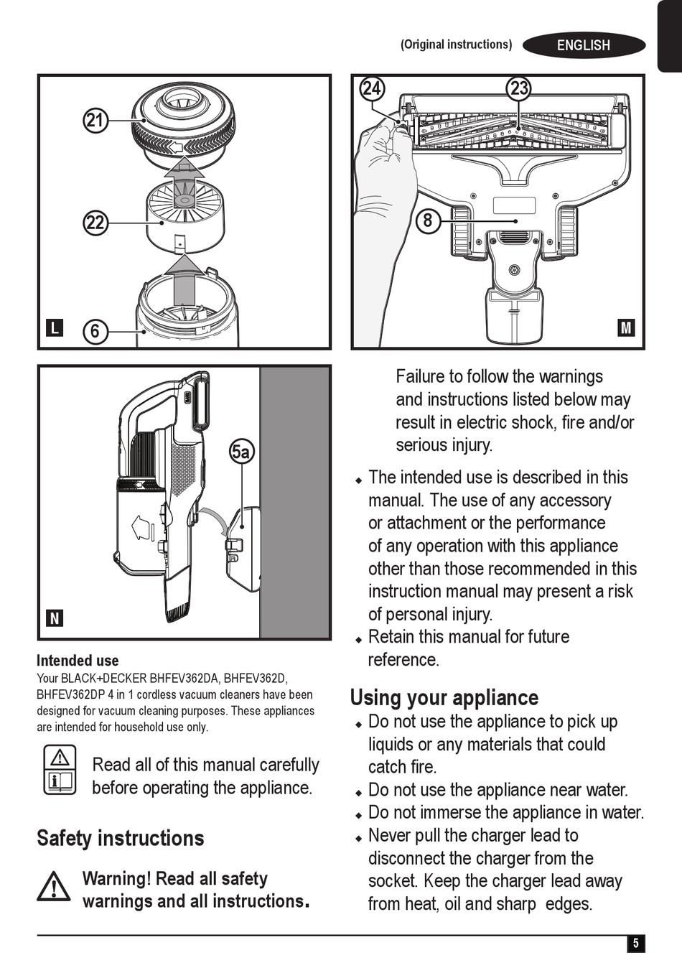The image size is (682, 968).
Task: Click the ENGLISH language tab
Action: [583, 45]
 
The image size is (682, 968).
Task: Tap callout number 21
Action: [95, 120]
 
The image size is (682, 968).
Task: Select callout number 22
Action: [95, 223]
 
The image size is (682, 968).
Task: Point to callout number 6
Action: [95, 331]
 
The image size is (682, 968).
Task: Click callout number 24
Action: [371, 88]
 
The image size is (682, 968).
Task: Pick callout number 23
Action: [518, 88]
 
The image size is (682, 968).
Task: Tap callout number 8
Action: [428, 220]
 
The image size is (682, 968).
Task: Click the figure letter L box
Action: [55, 328]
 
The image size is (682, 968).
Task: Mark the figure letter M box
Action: [626, 328]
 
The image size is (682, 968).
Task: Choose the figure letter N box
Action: [55, 618]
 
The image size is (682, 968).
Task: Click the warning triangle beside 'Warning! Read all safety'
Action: [55, 887]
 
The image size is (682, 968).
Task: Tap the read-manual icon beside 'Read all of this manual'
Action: [60, 770]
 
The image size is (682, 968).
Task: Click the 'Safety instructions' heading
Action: [121, 838]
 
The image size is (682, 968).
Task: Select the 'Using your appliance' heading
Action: [444, 697]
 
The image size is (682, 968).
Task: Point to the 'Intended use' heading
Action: [78, 661]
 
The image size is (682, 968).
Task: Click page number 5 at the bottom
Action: [635, 944]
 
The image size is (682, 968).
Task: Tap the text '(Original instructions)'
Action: [456, 45]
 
